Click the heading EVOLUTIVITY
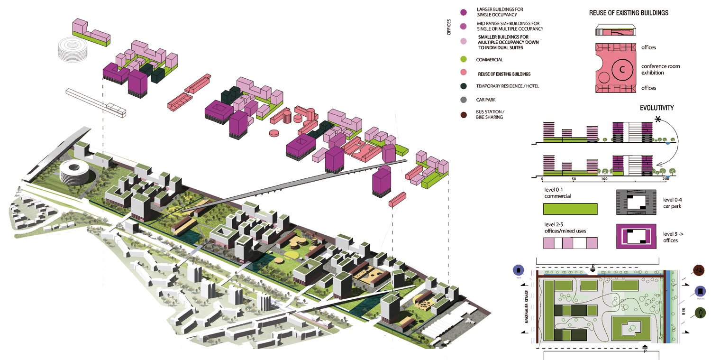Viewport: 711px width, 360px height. coord(656,108)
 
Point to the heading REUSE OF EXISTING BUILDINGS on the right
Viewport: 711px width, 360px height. coord(629,13)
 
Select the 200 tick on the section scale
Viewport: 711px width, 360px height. coord(665,179)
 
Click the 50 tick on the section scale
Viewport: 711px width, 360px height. coord(573,179)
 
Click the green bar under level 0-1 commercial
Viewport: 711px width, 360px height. coord(570,209)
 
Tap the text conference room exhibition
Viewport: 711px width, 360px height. coord(660,69)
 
